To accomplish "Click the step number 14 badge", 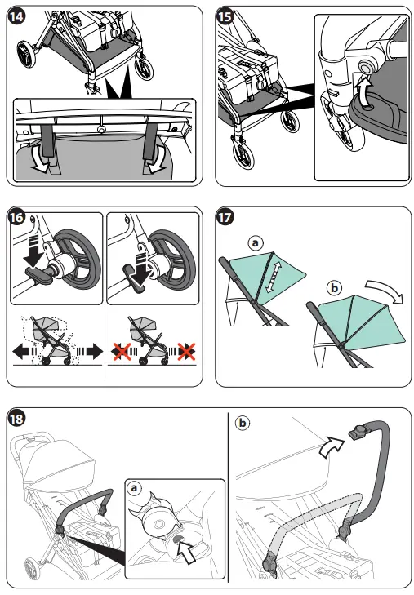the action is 16,16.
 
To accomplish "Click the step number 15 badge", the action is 225,16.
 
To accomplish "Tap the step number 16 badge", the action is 16,218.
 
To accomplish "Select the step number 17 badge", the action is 225,218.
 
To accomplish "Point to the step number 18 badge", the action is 16,419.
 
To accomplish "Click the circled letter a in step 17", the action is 256,242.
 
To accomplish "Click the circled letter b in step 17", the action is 334,288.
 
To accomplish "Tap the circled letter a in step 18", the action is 134,488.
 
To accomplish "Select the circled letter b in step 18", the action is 243,423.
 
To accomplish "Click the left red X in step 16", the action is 122,351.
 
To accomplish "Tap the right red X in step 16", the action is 186,351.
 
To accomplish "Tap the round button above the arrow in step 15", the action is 366,69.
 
